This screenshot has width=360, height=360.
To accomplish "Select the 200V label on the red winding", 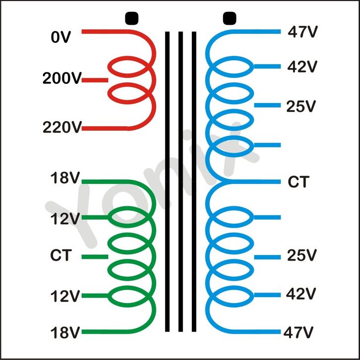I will coord(61,79).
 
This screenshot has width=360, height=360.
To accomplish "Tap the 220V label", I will coord(61,128).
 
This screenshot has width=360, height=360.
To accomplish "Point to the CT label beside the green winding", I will coord(61,256).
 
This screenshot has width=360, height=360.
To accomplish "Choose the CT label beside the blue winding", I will coord(298,182).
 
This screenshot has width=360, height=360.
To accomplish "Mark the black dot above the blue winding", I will coord(228,18).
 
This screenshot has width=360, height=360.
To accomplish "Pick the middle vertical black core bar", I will coord(180,181).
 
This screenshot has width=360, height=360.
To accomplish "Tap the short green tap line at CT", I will coord(94,256).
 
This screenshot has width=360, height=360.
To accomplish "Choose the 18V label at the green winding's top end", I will coord(65,179).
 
